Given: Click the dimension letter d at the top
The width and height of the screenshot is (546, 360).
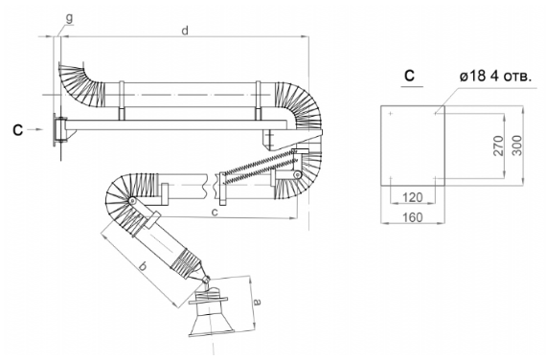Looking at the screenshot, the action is [185, 31].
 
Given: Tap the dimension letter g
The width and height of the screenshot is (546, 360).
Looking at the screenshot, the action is [70, 18].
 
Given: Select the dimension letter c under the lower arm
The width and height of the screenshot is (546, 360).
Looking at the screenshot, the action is [215, 212].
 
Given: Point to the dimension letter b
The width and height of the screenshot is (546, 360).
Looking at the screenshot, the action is [143, 266].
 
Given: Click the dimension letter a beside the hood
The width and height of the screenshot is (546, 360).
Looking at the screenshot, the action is [257, 302].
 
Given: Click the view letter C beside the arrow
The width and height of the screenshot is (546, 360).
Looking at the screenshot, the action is [18, 130].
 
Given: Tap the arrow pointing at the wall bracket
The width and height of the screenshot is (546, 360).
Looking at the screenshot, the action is [34, 129].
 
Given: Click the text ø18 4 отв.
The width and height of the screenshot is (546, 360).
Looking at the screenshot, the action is [495, 77].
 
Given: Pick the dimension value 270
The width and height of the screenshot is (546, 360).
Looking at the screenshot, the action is [499, 146].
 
